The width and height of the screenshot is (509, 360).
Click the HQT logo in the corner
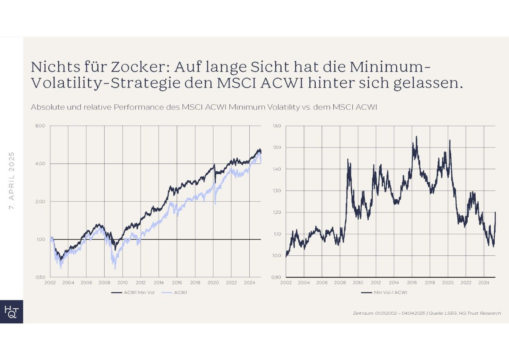pos(11,311)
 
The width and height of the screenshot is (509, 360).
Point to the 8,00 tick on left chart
pos(41,126)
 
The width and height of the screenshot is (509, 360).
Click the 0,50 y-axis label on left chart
pos(41,277)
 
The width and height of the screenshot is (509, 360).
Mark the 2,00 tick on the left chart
pos(41,201)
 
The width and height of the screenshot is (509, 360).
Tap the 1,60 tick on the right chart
pos(277,126)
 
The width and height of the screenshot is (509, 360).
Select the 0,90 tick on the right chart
pos(277,277)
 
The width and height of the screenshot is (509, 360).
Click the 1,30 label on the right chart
pos(277,191)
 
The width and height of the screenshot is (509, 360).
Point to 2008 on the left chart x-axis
pos(104,282)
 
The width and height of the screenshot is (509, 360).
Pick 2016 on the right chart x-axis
pos(412,282)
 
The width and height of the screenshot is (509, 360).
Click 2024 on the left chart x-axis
pos(249,282)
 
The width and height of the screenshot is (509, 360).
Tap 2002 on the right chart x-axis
pos(286,282)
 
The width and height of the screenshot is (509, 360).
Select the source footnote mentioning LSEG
pos(427,313)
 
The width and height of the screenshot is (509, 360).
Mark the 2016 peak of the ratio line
pos(416,137)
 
